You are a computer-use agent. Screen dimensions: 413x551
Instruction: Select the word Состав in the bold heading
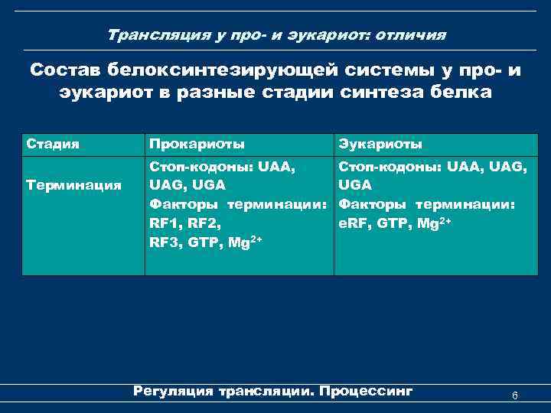tap(64, 70)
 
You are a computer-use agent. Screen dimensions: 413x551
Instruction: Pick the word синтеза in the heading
tap(380, 93)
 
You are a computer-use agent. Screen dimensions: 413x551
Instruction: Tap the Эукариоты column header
tap(380, 144)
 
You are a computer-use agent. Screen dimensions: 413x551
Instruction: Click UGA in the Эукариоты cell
tap(355, 185)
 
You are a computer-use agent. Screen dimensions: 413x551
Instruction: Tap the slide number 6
tap(515, 395)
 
